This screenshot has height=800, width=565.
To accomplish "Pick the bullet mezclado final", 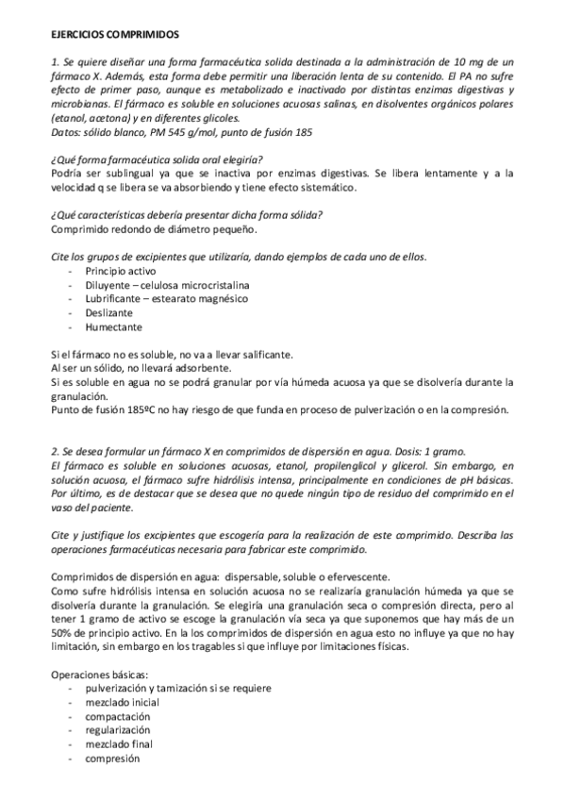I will click(118, 744).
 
